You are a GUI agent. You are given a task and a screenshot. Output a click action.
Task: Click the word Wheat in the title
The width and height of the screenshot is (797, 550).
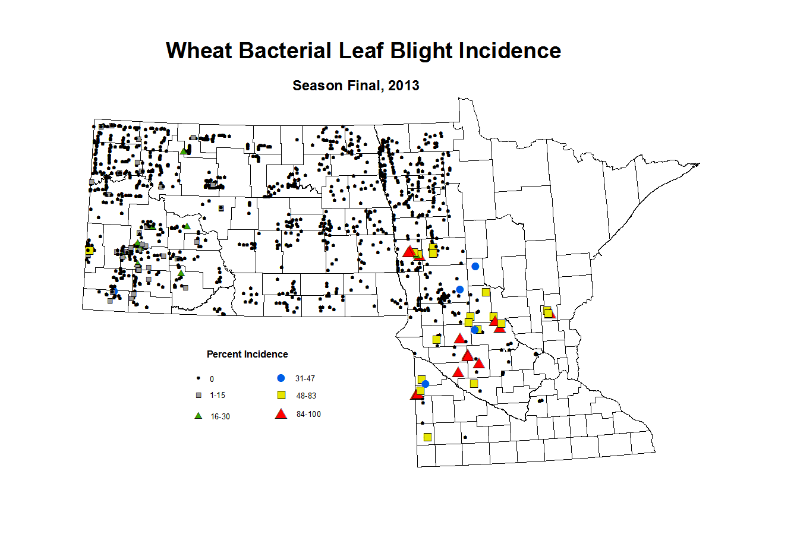pos(199,50)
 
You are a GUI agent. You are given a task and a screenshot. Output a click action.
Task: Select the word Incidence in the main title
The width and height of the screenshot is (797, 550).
pos(509,50)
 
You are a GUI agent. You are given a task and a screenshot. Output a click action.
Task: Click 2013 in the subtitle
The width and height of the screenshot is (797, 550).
pos(404,86)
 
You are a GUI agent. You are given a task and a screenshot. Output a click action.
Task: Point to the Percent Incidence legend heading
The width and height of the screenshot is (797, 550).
pos(247,354)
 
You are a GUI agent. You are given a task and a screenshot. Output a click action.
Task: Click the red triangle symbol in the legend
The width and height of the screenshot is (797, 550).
pos(281,414)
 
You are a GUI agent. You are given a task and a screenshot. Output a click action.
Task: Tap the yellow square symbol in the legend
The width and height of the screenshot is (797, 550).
pos(282,395)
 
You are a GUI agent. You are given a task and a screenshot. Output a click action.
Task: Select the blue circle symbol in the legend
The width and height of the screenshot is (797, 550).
pos(281,378)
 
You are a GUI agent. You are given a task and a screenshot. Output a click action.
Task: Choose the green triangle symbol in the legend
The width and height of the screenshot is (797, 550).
pos(198,416)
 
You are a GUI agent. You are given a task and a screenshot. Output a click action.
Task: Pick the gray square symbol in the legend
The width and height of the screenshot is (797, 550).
pos(199,396)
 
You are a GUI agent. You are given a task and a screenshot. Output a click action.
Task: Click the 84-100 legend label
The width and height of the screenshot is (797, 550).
pos(308,414)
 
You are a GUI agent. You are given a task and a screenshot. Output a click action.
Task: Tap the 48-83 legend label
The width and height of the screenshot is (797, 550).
pos(306,396)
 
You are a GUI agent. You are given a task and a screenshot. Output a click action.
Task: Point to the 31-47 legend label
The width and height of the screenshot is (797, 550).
pos(305,378)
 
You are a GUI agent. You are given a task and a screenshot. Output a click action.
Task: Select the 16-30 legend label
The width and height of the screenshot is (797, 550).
pos(220,417)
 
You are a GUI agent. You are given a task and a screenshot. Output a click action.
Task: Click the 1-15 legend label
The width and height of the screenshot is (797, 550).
pos(218,396)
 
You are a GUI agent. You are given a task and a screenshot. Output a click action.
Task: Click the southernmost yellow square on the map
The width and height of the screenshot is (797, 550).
pos(428,437)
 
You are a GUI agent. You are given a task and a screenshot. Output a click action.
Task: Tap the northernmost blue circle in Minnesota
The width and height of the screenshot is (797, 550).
pos(475,266)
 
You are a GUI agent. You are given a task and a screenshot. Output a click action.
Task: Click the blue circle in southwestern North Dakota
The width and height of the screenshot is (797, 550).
pos(115,291)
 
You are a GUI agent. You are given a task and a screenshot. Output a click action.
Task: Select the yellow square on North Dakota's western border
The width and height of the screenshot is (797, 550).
pos(89,251)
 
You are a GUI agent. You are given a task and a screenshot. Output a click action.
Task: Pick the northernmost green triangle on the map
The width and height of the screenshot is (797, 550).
pos(183,151)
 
